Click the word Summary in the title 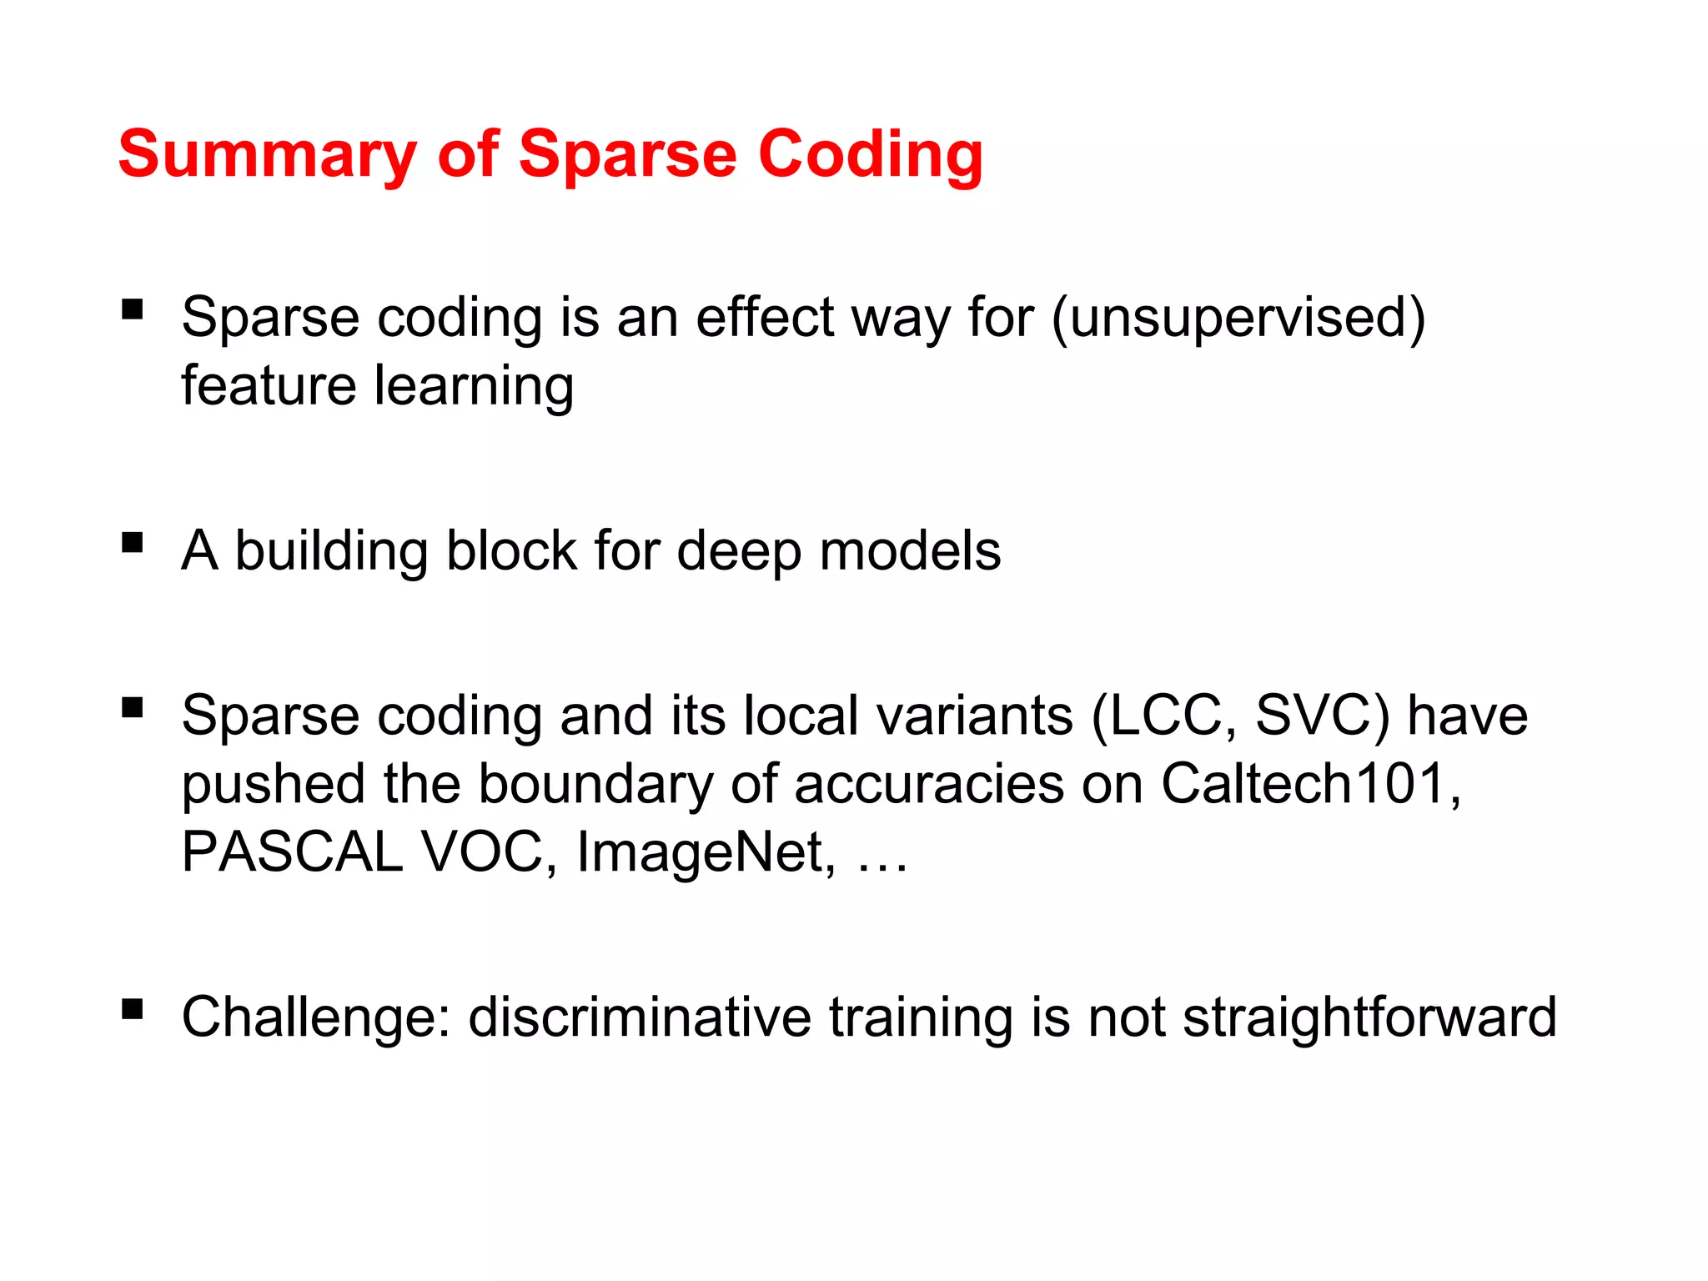(x=267, y=155)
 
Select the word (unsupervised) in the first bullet (x=1239, y=319)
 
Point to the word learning (x=474, y=387)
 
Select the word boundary (x=595, y=786)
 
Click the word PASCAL (x=292, y=852)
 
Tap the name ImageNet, (x=706, y=854)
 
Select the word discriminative (x=640, y=1017)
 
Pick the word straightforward (x=1369, y=1018)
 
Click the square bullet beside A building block (x=132, y=543)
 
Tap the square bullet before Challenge (x=132, y=1010)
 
